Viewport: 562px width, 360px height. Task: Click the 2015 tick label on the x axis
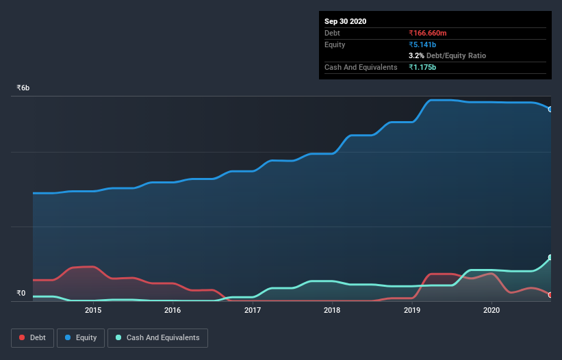93,310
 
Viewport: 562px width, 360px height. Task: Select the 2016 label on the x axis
173,310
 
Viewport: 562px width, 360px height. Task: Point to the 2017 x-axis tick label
253,310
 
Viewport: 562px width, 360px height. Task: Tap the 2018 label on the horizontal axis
332,310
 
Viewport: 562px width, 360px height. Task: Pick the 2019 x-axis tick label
412,310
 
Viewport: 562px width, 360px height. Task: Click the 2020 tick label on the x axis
491,310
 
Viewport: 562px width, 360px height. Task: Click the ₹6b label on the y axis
23,88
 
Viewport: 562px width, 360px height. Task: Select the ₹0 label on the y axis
21,294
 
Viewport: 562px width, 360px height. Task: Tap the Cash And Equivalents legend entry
157,337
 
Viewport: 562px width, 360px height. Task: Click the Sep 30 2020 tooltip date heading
345,21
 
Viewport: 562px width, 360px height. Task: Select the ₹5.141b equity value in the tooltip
422,44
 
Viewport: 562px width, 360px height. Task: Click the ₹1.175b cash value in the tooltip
422,67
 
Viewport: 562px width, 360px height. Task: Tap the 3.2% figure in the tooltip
416,55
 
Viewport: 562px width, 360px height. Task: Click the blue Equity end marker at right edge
550,109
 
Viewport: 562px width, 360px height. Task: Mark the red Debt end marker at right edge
550,295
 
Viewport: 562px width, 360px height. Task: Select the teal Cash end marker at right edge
550,258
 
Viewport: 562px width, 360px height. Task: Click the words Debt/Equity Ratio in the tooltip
456,55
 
